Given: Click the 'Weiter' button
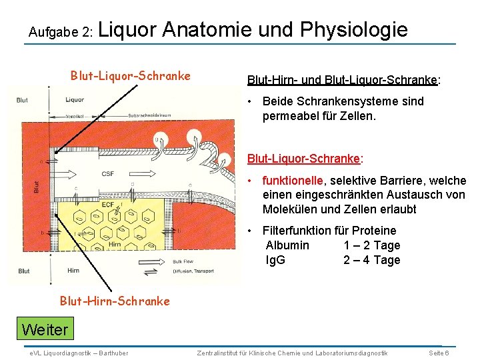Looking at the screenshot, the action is pos(45,329).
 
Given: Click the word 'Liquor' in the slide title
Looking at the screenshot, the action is pos(128,29).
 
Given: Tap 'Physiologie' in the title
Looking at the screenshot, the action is pos(354,30).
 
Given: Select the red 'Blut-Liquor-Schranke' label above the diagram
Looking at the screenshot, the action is pos(131,75).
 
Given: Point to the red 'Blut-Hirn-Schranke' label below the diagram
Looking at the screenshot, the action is pos(115,301).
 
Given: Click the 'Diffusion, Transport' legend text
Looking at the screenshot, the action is pos(194,271).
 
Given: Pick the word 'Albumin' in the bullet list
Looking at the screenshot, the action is pos(287,245).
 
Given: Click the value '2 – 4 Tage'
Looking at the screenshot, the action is pos(372,260).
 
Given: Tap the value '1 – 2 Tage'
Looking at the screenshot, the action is pos(372,245).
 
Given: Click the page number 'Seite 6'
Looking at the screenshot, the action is pos(438,352).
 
